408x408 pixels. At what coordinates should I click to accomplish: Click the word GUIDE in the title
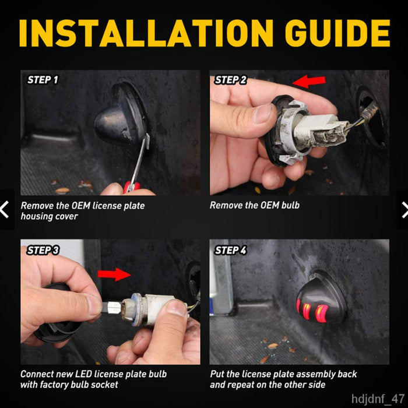[x=337, y=33]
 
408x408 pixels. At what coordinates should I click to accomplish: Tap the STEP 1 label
[x=43, y=80]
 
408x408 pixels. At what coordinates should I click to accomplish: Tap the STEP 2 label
[x=230, y=80]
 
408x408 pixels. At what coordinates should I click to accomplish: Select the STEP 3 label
[x=43, y=250]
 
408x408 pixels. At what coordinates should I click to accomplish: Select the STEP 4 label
[x=230, y=250]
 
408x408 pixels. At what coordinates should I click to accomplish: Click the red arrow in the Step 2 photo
[x=309, y=82]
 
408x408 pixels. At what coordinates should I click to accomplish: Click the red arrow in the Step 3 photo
[x=114, y=275]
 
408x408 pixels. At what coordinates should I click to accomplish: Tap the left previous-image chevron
[x=5, y=209]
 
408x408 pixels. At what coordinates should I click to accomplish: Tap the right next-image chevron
[x=405, y=210]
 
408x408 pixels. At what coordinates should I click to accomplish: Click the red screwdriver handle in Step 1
[x=132, y=187]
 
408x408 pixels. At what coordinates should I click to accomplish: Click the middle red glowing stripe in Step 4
[x=306, y=311]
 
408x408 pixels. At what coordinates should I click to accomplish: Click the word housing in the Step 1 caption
[x=36, y=216]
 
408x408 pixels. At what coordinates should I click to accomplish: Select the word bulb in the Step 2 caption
[x=290, y=205]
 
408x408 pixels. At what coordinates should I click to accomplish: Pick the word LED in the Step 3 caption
[x=83, y=374]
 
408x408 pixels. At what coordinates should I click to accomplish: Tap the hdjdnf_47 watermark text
[x=378, y=399]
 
